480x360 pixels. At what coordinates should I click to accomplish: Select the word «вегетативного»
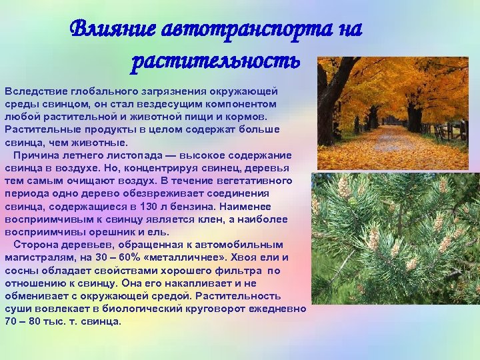pyautogui.click(x=259, y=181)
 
